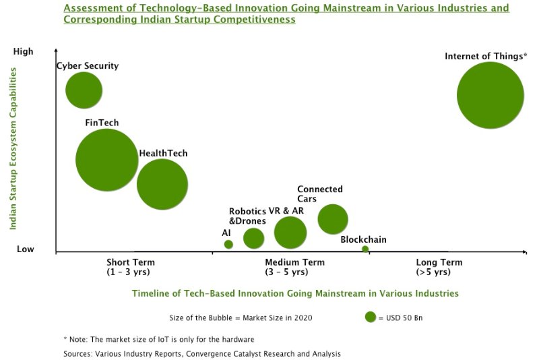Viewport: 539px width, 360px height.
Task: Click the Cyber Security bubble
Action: pos(84,90)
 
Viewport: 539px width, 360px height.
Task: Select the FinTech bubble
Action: pos(107,160)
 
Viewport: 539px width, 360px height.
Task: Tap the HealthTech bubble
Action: pos(162,184)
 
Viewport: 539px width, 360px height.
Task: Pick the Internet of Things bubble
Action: pos(490,95)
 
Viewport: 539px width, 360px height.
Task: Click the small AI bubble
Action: pos(228,245)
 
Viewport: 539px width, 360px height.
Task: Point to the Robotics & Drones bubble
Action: pos(253,238)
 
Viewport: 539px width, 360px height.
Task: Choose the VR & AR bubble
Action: pos(290,233)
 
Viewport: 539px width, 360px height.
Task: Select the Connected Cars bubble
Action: pos(333,218)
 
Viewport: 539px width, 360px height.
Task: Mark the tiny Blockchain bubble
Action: pos(365,249)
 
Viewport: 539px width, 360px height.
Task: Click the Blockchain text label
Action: pos(363,239)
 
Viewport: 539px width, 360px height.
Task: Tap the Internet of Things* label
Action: pos(486,57)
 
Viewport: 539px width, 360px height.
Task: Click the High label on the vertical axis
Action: pos(23,52)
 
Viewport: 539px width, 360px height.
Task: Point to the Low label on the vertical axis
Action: pos(25,249)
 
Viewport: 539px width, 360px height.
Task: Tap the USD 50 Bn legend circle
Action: pos(370,317)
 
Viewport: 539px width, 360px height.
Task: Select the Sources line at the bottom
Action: pos(202,353)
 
